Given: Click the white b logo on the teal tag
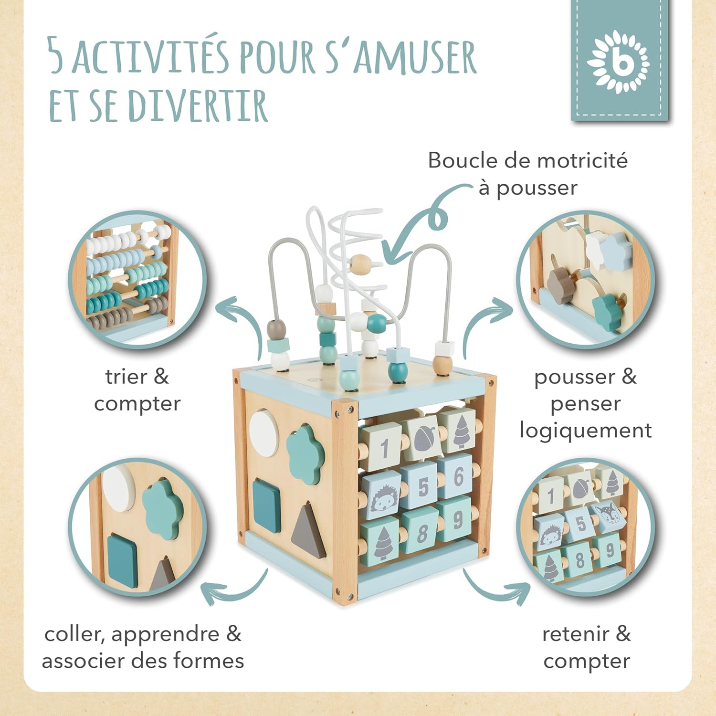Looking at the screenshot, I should (619, 62).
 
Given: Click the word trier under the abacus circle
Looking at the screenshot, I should (126, 377).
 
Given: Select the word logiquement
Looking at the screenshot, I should (585, 431).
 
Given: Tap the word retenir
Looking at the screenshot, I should (575, 634).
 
